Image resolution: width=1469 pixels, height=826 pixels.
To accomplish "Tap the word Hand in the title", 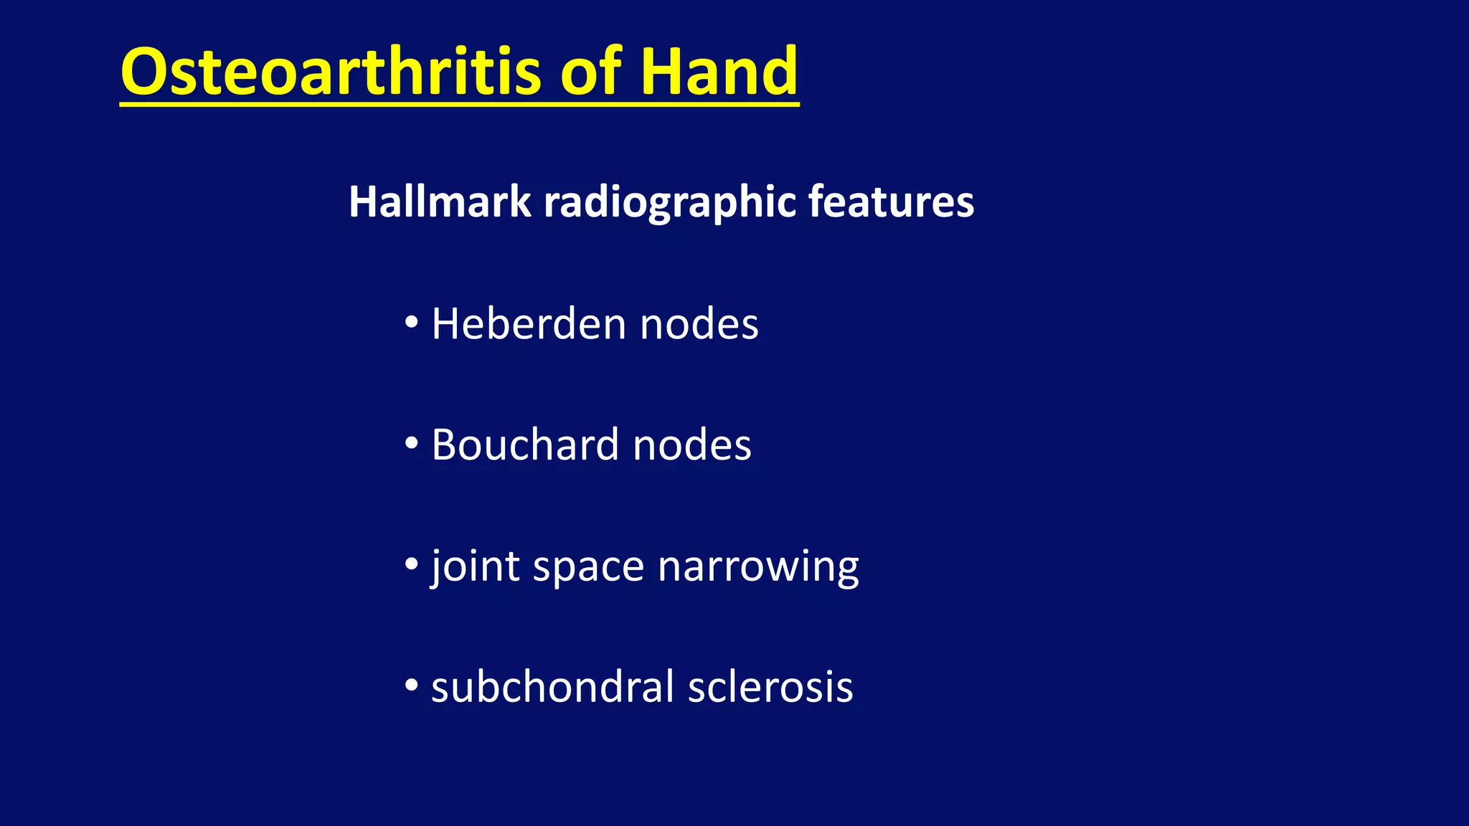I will click(x=719, y=72).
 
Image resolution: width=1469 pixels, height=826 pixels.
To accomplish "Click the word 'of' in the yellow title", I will click(x=591, y=72).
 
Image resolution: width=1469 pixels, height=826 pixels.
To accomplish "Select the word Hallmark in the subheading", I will click(x=439, y=202).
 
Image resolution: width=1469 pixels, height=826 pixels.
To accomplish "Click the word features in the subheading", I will click(x=891, y=202).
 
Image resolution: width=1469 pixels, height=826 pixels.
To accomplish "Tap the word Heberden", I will click(x=529, y=324).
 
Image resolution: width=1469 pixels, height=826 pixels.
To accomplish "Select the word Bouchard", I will click(x=525, y=445).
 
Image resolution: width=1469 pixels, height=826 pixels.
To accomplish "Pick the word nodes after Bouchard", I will click(x=692, y=446).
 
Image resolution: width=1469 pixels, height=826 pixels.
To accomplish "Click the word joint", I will click(x=475, y=566).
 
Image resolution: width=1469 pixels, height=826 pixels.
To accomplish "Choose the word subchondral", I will click(x=552, y=687).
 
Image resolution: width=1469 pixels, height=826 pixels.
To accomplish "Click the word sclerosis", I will click(x=770, y=687).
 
